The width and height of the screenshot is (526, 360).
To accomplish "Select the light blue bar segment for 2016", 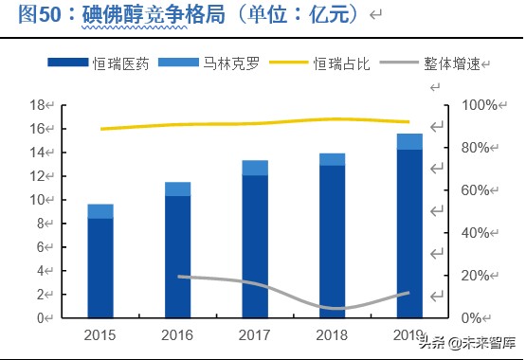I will (177, 189).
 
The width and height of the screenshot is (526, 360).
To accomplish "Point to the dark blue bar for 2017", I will (255, 246).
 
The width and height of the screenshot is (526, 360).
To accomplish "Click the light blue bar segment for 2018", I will (332, 159).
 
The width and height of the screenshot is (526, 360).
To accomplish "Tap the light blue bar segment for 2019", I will (409, 141).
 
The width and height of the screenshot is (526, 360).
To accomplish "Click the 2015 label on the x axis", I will (100, 334).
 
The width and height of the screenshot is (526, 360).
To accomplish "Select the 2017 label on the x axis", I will (255, 334).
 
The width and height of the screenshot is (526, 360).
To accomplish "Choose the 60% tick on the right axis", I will (473, 190).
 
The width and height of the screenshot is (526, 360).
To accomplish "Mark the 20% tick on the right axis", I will (473, 276).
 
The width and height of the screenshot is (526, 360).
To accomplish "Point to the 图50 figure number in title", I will (27, 14).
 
